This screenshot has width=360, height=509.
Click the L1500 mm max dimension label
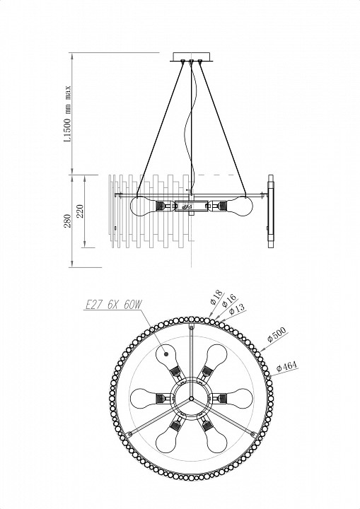pos(67,114)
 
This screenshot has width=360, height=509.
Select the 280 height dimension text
pos(68,221)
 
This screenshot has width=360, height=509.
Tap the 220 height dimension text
pos(80,211)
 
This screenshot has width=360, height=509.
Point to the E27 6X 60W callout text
pos(113,305)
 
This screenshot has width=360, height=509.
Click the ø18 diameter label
pos(216,298)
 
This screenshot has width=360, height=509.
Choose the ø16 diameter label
pos(228,301)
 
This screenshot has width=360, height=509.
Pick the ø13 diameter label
pos(237,309)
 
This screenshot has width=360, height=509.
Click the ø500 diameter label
pos(277,334)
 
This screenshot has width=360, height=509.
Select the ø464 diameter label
pos(286,366)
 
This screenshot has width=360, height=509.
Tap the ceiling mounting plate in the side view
pos(192,56)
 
